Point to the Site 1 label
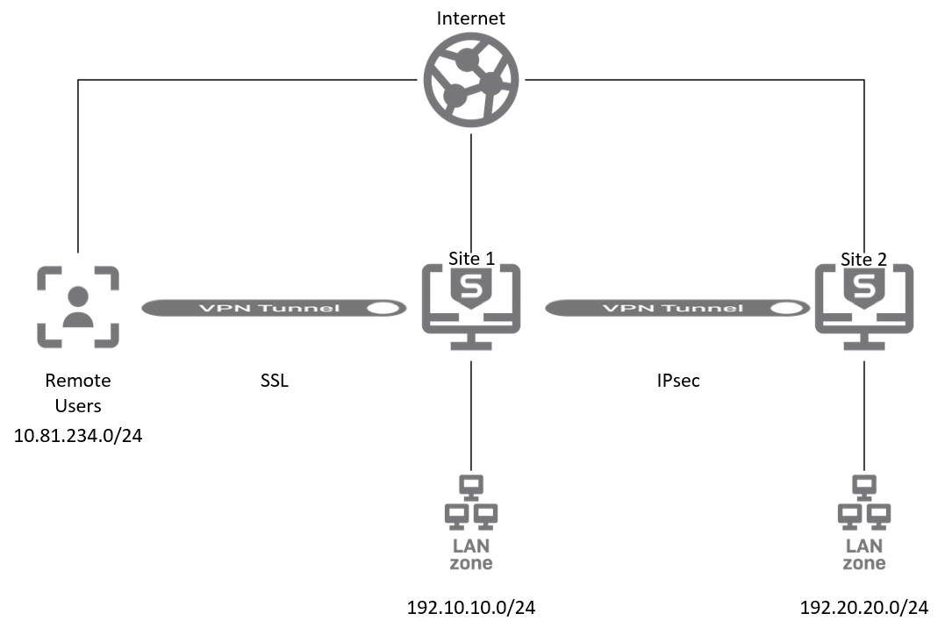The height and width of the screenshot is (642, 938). pyautogui.click(x=472, y=259)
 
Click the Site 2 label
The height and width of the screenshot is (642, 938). pyautogui.click(x=864, y=259)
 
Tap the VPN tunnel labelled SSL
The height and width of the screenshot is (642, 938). pyautogui.click(x=274, y=308)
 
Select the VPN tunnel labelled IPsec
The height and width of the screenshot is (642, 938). pyautogui.click(x=677, y=308)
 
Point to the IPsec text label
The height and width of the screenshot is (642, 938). pyautogui.click(x=677, y=382)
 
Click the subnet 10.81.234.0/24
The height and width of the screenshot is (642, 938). pyautogui.click(x=78, y=435)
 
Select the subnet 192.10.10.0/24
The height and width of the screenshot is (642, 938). pyautogui.click(x=471, y=607)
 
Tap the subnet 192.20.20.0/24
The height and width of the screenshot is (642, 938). pyautogui.click(x=864, y=607)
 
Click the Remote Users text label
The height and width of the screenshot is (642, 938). pyautogui.click(x=78, y=393)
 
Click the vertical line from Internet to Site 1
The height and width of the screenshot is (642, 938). pyautogui.click(x=472, y=184)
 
